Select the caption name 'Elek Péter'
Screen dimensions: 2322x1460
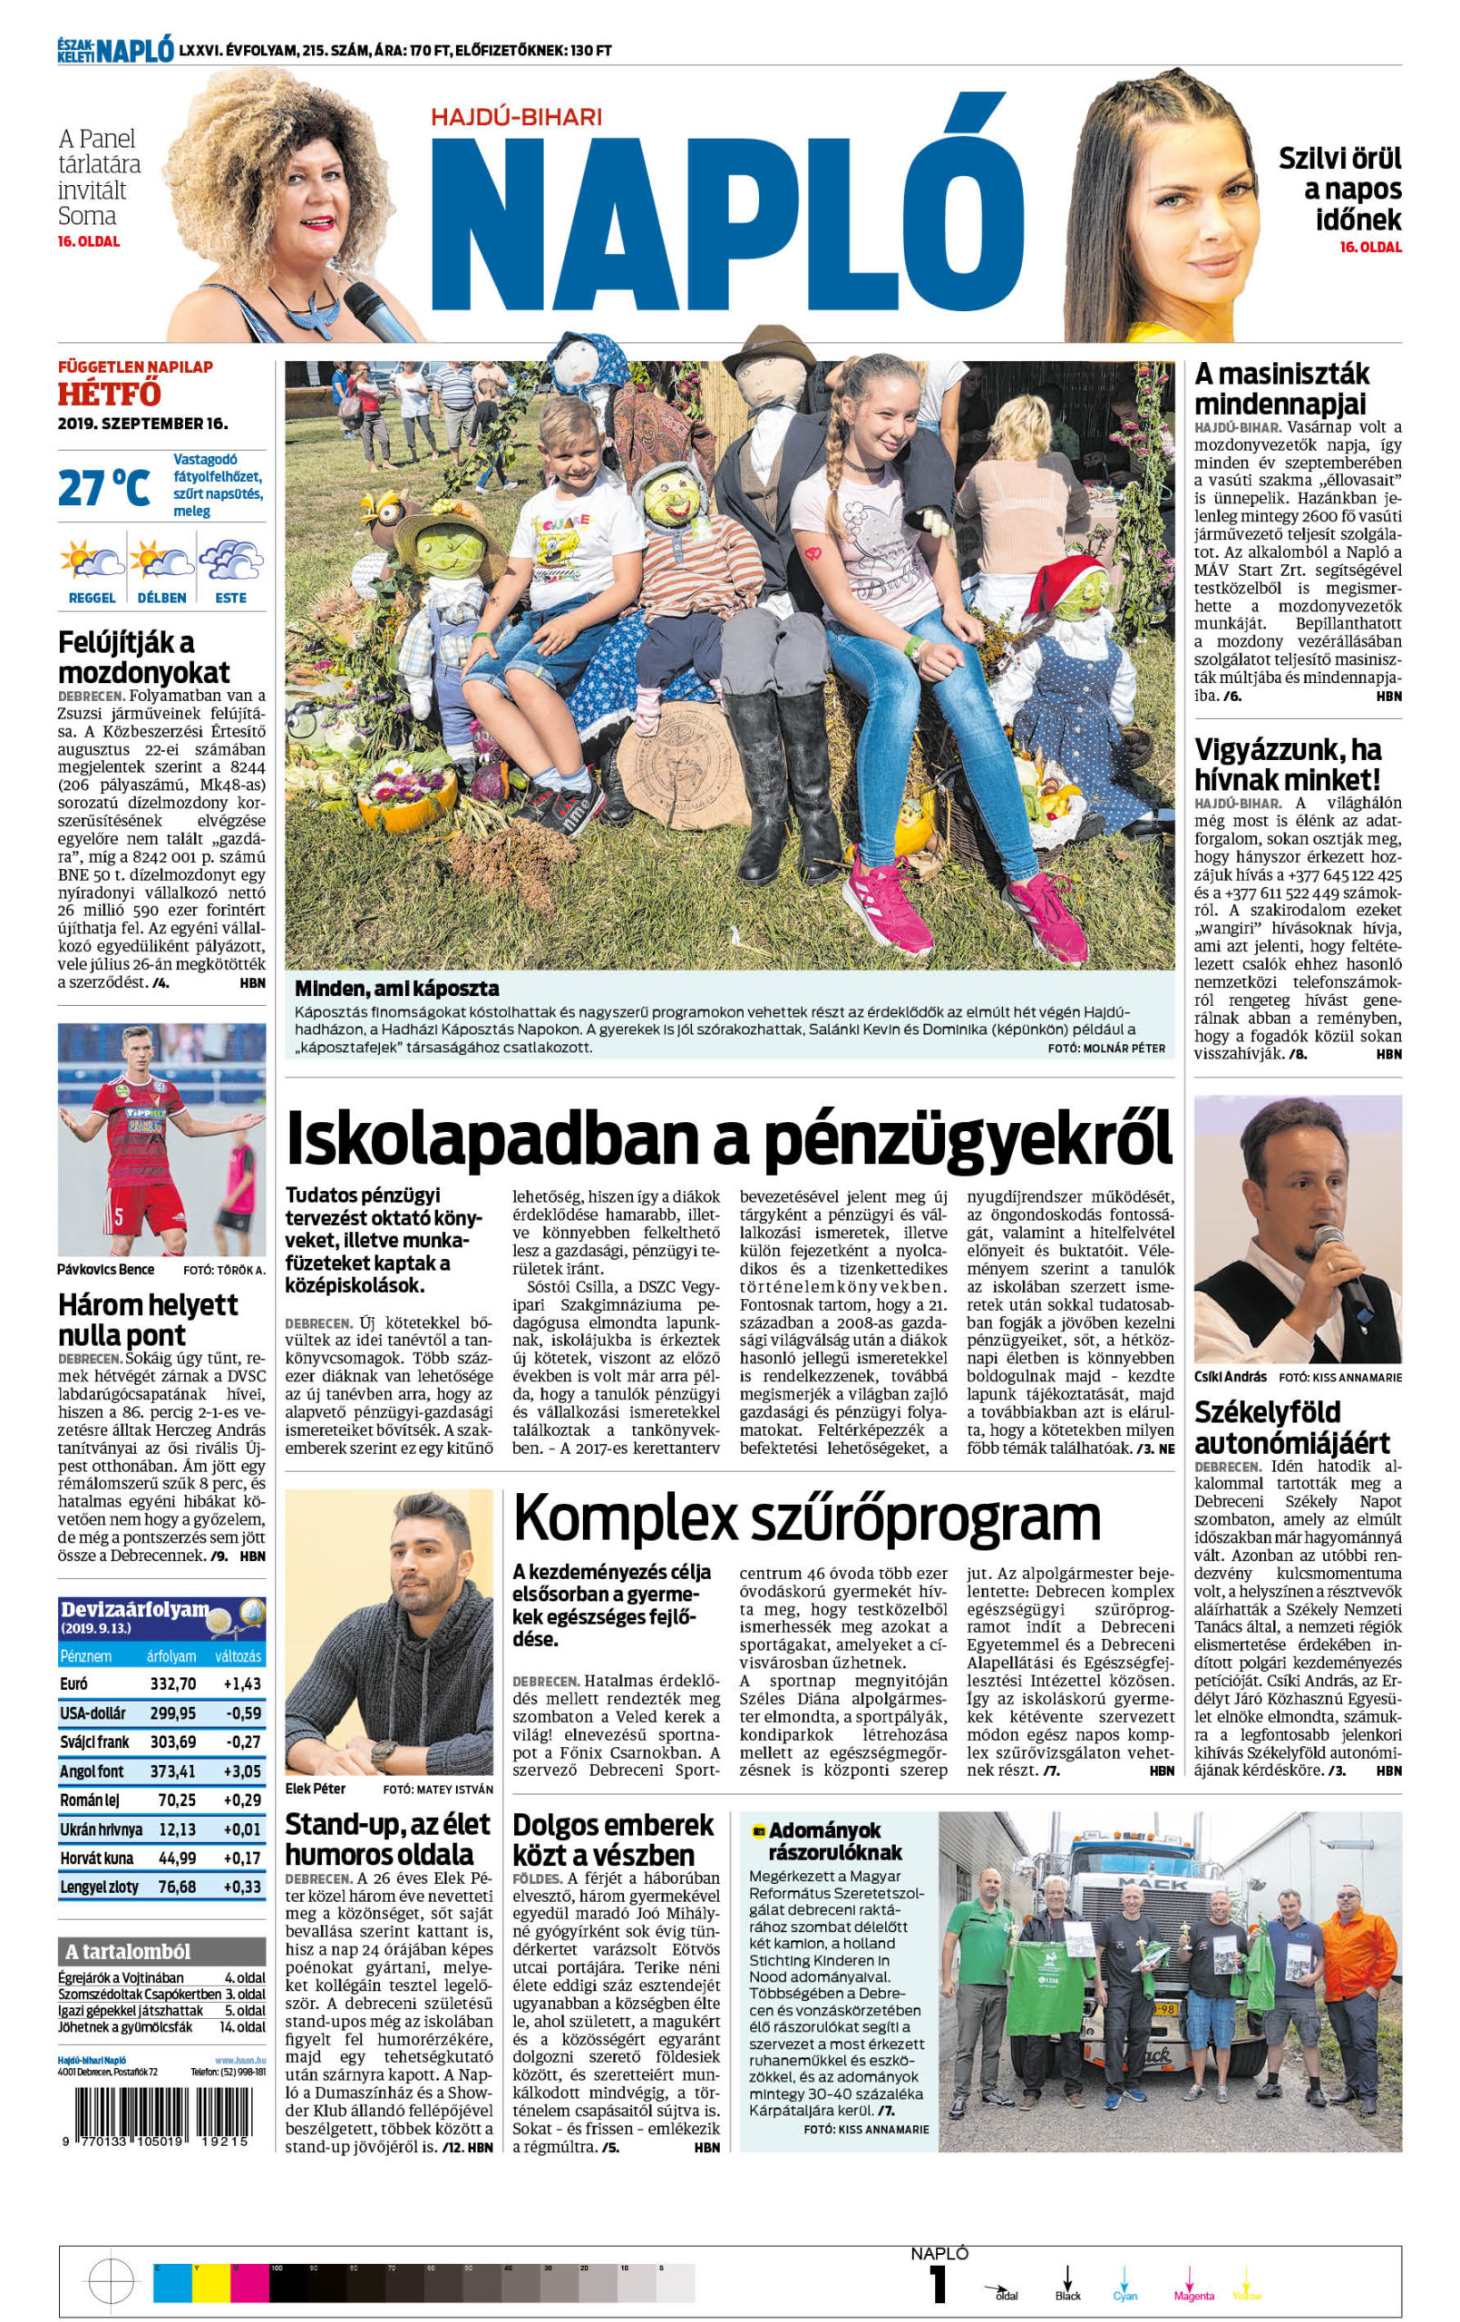[x=316, y=1789]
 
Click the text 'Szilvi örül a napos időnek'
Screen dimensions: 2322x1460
[x=1339, y=188]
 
